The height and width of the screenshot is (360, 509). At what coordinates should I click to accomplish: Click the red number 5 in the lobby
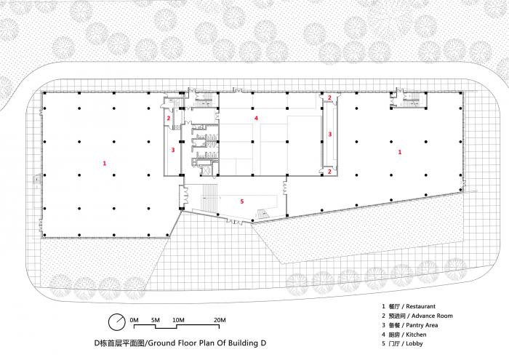click(x=242, y=201)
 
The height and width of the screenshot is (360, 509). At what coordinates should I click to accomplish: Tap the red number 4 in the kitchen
click(x=256, y=118)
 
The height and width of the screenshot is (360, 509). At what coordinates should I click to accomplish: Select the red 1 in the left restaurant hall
click(x=105, y=164)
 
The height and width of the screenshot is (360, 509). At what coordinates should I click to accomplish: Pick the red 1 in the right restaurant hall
click(x=400, y=152)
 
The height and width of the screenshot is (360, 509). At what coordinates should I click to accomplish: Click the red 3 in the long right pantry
click(x=330, y=134)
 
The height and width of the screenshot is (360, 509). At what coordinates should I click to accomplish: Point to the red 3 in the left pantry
click(x=173, y=150)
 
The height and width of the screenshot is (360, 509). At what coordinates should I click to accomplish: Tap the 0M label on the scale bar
click(x=134, y=320)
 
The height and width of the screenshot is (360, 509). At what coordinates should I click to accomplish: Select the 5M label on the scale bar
click(x=156, y=320)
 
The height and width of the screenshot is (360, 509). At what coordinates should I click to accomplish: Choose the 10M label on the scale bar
click(x=178, y=320)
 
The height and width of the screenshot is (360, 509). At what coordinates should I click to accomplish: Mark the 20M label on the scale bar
click(x=220, y=320)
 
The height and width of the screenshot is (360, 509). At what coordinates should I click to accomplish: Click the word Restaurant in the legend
click(x=421, y=306)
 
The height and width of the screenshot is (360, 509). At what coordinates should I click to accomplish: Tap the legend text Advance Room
click(x=432, y=316)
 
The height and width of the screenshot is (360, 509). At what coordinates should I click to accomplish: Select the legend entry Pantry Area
click(x=422, y=325)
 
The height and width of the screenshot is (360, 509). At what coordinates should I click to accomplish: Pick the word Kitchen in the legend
click(x=416, y=335)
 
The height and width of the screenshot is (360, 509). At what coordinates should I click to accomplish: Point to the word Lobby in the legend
click(x=414, y=344)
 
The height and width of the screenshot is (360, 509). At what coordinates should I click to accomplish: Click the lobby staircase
click(x=211, y=197)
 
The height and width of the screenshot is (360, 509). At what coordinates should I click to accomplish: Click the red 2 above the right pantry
click(x=329, y=97)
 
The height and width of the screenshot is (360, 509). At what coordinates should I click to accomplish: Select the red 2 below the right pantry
click(x=329, y=172)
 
